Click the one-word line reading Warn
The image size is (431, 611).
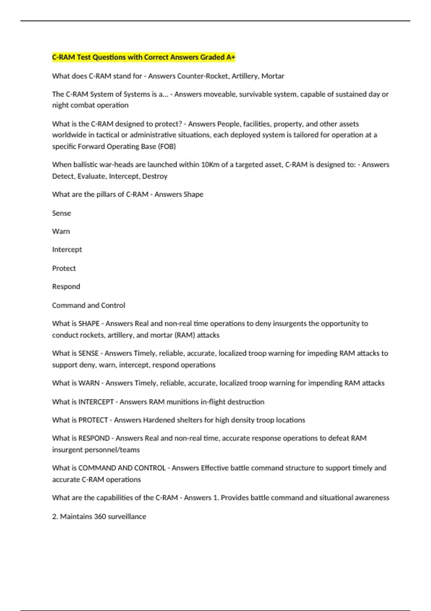point(61,231)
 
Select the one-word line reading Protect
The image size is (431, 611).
point(64,268)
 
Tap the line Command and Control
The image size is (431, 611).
point(88,305)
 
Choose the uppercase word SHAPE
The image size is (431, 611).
point(89,323)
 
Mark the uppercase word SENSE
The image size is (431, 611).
point(88,353)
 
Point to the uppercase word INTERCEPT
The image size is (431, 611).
point(96,402)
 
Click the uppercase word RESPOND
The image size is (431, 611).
point(94,438)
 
